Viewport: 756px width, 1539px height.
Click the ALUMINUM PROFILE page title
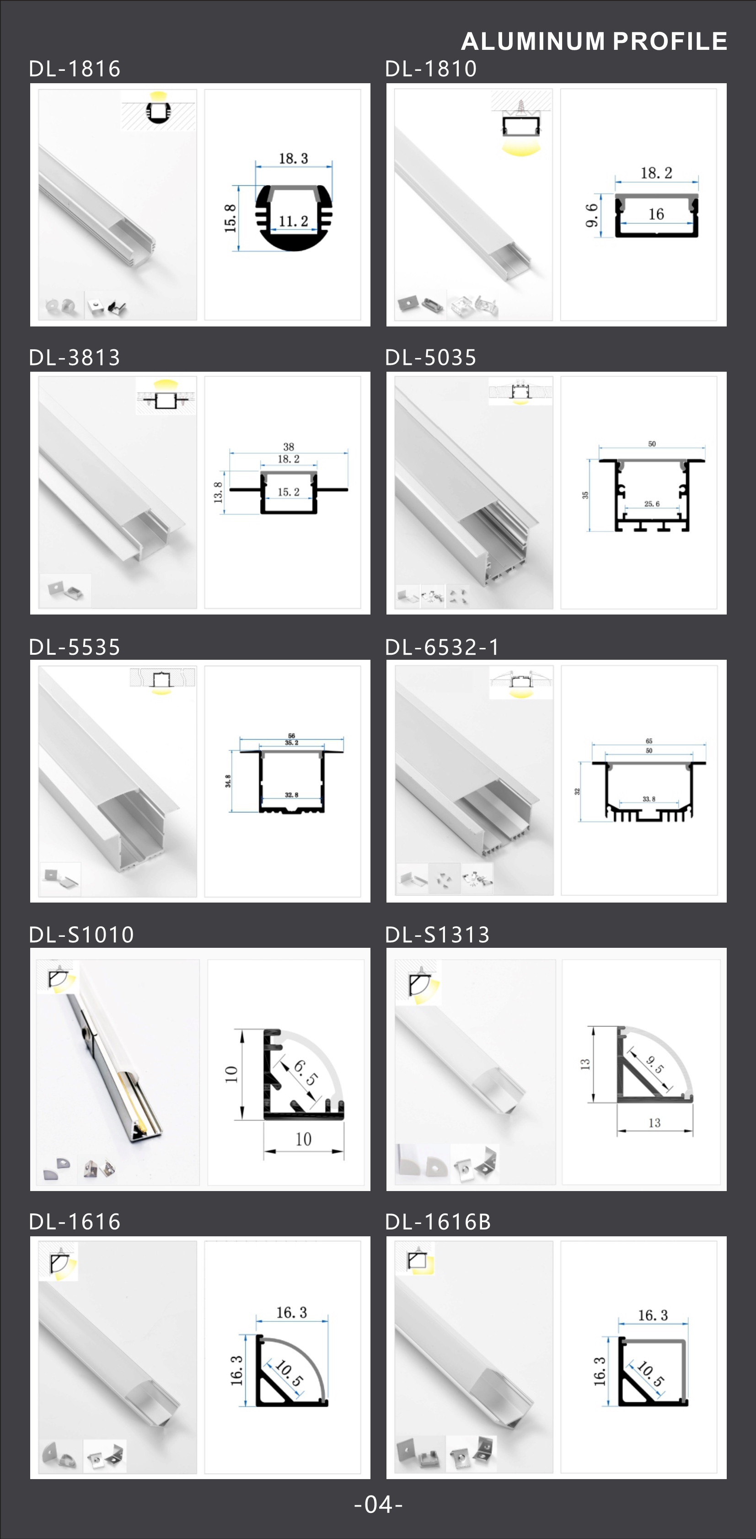pos(594,41)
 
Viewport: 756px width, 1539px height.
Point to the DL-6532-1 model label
pos(442,647)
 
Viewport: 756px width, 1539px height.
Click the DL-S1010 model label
pos(82,935)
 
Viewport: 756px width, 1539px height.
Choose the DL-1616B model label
pos(438,1222)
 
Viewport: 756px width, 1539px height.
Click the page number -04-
pos(378,1504)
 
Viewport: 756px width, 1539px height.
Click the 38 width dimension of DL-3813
pos(289,447)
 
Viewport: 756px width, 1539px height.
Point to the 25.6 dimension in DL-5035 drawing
pos(652,504)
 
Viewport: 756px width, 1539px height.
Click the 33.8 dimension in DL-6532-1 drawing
pos(649,799)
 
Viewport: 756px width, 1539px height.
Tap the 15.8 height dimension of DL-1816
pos(230,218)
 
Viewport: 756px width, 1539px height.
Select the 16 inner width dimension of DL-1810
pos(656,214)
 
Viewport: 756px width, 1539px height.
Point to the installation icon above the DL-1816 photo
pos(158,109)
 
